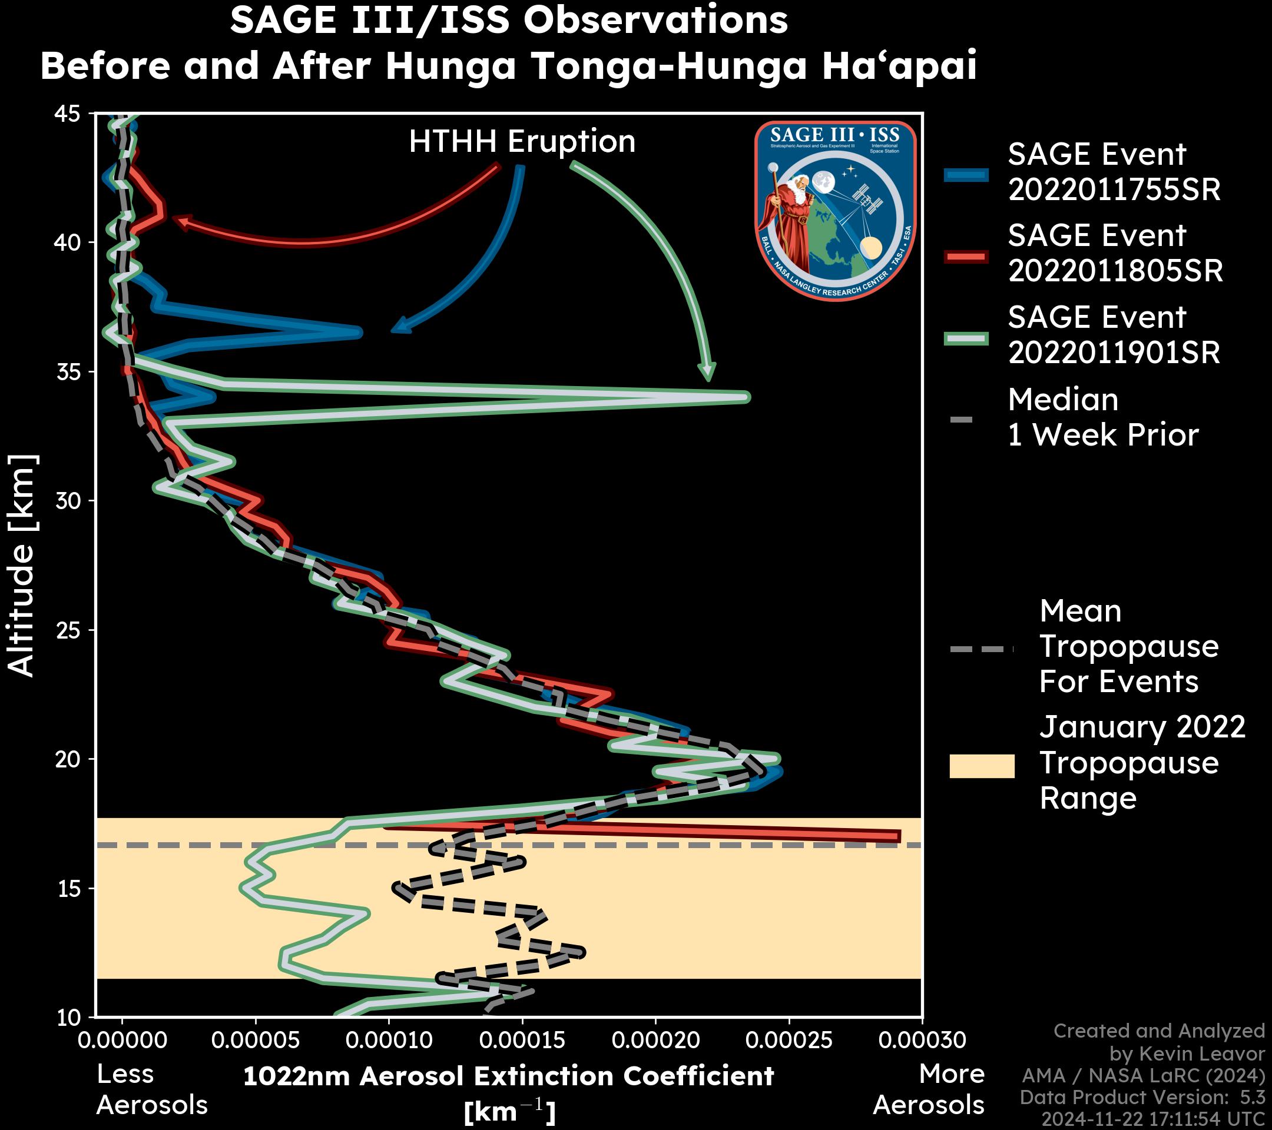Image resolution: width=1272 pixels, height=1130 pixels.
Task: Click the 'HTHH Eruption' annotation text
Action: click(522, 142)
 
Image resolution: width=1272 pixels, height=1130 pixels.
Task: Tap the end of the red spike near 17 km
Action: click(897, 836)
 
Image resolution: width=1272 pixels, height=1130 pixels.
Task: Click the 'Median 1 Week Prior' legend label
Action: click(1102, 417)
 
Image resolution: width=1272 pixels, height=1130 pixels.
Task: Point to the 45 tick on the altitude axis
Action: click(68, 114)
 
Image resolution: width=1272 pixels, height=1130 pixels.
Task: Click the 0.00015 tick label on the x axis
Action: click(523, 1040)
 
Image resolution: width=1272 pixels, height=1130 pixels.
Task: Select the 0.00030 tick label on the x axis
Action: click(922, 1040)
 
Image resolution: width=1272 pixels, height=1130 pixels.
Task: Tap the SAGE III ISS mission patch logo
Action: click(836, 210)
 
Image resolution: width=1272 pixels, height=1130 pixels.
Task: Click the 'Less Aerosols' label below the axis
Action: click(151, 1089)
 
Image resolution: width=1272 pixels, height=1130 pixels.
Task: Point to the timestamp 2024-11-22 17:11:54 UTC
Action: click(1153, 1119)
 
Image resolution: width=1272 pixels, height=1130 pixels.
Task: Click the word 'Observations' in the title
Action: click(655, 20)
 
